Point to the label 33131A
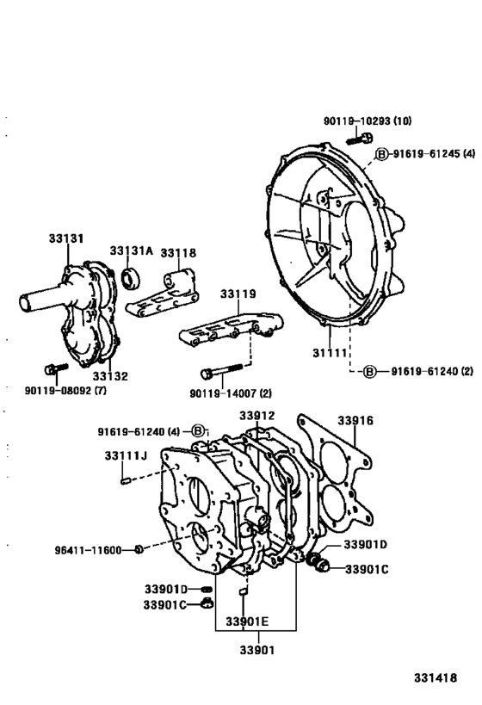coord(131,250)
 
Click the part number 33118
coord(180,252)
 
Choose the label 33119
coord(238,294)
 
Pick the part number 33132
coord(109,376)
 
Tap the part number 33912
coord(256,416)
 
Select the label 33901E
coord(247,622)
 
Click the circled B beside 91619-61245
coord(381,154)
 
